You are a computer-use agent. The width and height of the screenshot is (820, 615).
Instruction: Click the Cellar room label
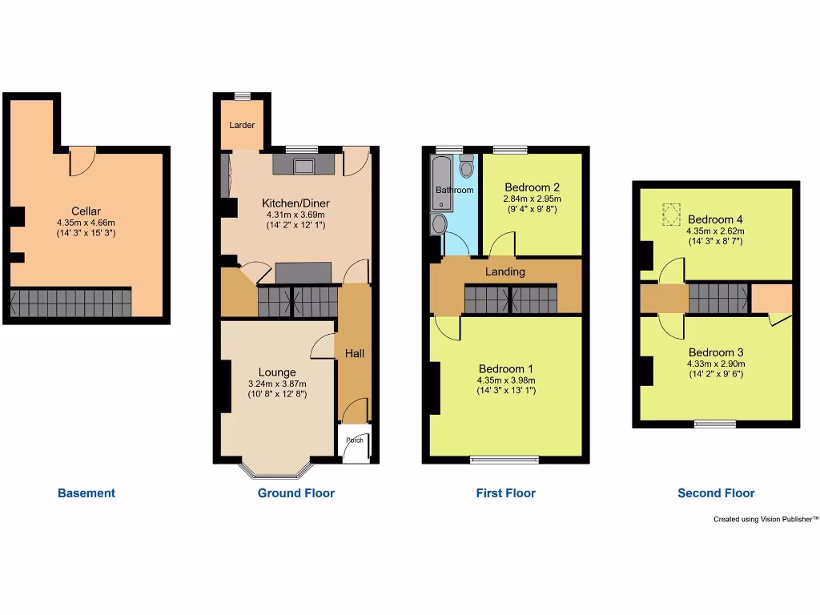86,211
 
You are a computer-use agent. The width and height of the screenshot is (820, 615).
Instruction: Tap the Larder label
242,126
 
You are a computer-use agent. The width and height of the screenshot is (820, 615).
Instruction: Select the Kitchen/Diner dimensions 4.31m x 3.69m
295,215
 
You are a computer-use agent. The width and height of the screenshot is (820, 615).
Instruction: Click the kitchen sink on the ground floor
303,166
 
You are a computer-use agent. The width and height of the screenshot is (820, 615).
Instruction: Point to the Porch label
354,440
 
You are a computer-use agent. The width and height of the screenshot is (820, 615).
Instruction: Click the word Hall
355,353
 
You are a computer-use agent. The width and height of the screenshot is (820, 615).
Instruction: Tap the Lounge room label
277,372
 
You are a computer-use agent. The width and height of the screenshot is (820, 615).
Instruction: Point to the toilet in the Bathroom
467,167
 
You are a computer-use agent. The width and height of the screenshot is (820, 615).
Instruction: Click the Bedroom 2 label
532,188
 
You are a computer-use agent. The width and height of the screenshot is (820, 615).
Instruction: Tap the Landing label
505,271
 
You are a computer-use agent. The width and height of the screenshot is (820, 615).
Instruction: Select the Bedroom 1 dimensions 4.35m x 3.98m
506,380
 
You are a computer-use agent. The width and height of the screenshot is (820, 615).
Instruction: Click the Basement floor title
86,493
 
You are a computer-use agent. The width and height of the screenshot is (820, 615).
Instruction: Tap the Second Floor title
716,493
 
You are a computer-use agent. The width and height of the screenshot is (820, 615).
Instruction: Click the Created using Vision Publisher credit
766,520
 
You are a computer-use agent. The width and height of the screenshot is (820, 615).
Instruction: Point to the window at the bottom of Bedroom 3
715,423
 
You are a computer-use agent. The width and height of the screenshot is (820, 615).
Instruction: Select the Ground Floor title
296,493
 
